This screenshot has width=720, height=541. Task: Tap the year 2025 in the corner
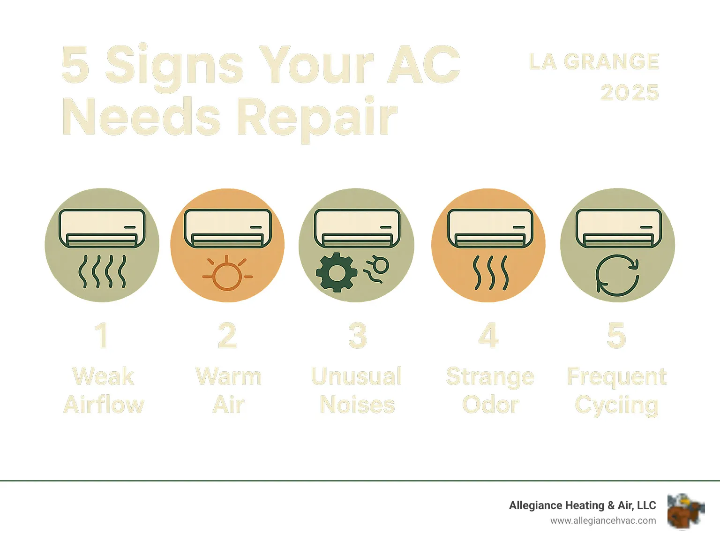[x=630, y=93]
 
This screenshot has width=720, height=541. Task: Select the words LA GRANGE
[x=594, y=62]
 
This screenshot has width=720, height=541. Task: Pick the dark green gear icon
[x=336, y=272]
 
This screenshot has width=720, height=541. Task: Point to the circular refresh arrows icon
[x=617, y=276]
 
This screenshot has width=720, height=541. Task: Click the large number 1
[x=102, y=336]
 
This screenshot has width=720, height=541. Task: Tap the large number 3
[x=358, y=336]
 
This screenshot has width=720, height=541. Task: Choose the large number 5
[x=616, y=336]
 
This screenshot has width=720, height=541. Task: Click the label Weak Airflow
[x=104, y=391]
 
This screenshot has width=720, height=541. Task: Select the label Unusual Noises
[x=357, y=391]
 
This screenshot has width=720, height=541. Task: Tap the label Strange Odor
[x=490, y=391]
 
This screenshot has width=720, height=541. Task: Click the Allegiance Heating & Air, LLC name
[x=582, y=505]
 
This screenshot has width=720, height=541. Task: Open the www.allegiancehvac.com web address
[x=603, y=521]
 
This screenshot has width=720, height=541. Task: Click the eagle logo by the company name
[x=686, y=511]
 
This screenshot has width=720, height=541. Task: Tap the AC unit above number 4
[x=490, y=228]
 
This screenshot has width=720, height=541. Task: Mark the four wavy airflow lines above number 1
[x=102, y=271]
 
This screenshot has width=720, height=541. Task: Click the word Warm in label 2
[x=228, y=376]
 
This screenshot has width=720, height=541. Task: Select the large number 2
[x=227, y=336]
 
